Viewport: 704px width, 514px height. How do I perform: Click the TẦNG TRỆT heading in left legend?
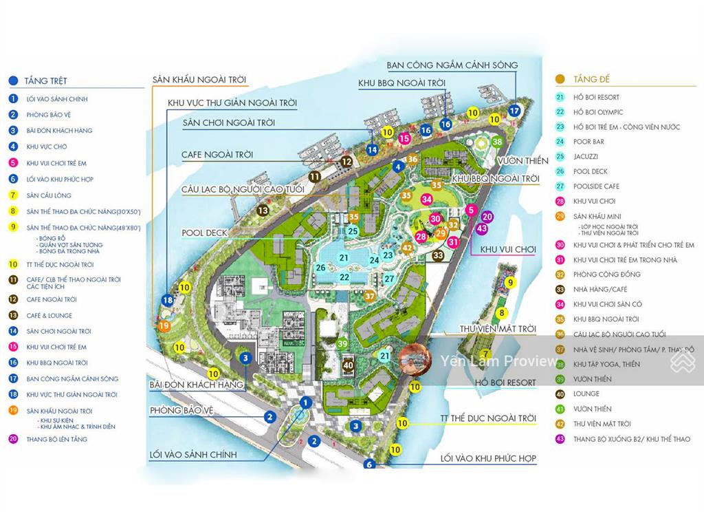(45, 81)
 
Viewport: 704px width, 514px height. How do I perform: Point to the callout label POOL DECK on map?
(204, 233)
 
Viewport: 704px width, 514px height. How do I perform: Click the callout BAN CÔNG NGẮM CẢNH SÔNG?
(452, 65)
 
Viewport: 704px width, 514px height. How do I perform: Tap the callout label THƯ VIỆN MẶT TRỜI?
(498, 330)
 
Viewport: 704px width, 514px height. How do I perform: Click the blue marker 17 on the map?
(514, 110)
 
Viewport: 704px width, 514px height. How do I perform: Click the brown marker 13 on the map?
(263, 210)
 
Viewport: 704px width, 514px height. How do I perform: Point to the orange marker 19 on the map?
(164, 325)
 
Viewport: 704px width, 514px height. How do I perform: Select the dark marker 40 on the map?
(348, 365)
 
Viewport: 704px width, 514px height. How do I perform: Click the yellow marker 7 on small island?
(486, 354)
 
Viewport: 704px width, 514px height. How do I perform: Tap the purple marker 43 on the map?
(482, 228)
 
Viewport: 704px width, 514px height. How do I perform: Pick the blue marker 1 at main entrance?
(307, 403)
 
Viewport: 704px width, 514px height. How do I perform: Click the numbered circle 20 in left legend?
(13, 439)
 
